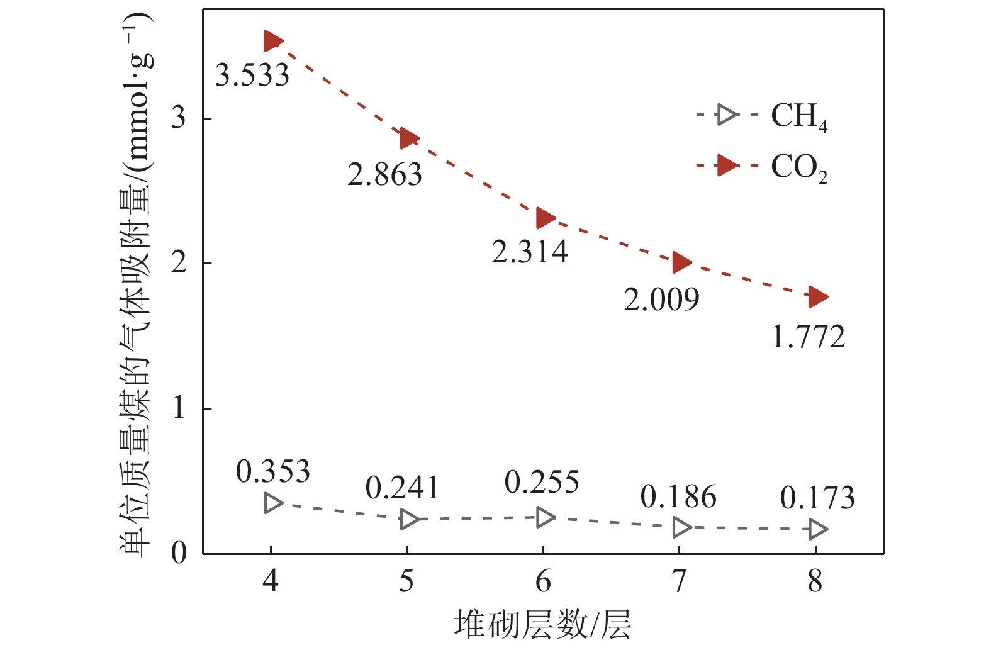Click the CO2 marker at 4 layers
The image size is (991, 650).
pos(272,42)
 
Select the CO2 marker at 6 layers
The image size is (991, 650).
pos(545,218)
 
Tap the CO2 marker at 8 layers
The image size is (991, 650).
pos(817,296)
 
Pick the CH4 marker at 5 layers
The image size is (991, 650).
pos(409,520)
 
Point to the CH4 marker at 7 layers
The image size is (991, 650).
pos(681,527)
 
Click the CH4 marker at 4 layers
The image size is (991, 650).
pos(272,503)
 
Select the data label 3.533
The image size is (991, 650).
pos(252,76)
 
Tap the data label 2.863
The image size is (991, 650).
pos(384,174)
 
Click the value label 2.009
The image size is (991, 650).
pos(661,300)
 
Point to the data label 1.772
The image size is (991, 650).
pos(808,337)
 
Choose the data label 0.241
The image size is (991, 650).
pos(402,488)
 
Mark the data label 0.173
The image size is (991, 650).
pos(817,498)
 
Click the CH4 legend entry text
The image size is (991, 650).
pos(799,116)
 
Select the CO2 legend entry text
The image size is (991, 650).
pos(799,168)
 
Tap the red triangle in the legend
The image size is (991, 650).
pos(727,166)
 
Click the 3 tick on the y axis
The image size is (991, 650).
pos(179,118)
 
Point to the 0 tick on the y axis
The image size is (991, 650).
pos(179,554)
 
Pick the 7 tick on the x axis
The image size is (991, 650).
pos(679,581)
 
